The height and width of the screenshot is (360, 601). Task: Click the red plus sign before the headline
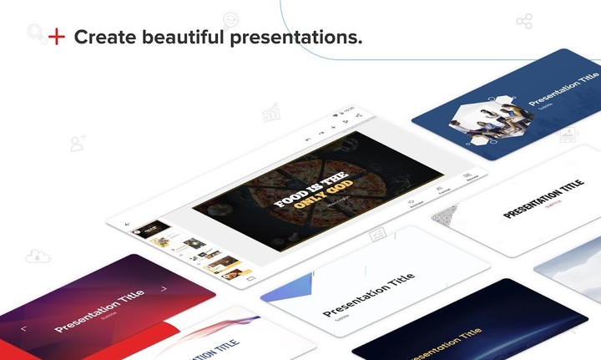pyautogui.click(x=56, y=37)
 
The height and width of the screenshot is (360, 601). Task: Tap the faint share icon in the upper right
pyautogui.click(x=523, y=21)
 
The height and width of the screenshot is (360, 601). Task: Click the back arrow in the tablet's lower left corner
pyautogui.click(x=127, y=224)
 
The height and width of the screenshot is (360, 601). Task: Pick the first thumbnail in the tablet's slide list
pyautogui.click(x=152, y=228)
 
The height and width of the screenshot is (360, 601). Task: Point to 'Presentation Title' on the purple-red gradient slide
pyautogui.click(x=99, y=310)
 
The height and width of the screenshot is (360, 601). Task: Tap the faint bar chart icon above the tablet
pyautogui.click(x=271, y=112)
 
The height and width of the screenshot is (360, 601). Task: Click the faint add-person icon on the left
pyautogui.click(x=78, y=144)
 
